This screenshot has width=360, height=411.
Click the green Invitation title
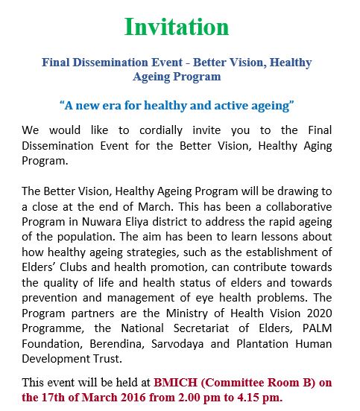pyautogui.click(x=177, y=27)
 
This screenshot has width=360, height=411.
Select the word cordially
pyautogui.click(x=161, y=130)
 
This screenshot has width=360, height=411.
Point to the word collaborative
pyautogui.click(x=299, y=207)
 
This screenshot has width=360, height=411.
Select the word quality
pyautogui.click(x=60, y=284)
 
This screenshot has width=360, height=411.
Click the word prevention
pyautogui.click(x=49, y=298)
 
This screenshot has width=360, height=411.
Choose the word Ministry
pyautogui.click(x=187, y=313)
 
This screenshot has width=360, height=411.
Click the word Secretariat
pyautogui.click(x=201, y=328)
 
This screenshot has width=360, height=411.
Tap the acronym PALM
pyautogui.click(x=318, y=328)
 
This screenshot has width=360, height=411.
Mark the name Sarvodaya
pyautogui.click(x=177, y=345)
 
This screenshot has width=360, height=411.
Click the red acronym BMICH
pyautogui.click(x=175, y=383)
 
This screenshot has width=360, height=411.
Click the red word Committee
pyautogui.click(x=233, y=383)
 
